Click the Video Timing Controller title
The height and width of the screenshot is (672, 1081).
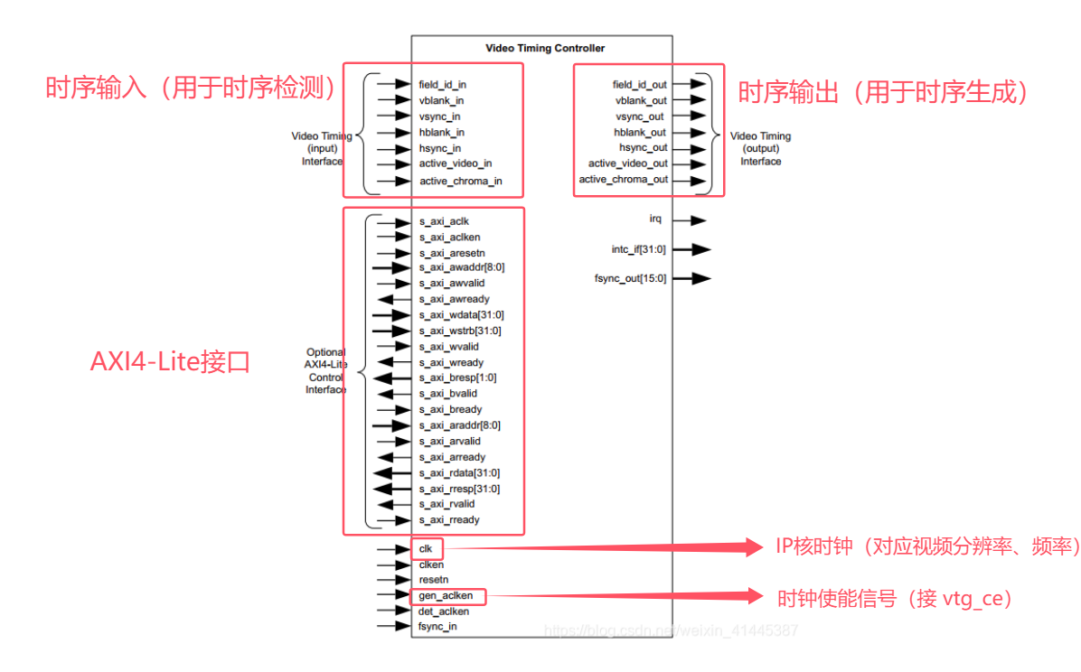(545, 48)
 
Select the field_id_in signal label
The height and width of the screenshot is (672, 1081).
(443, 84)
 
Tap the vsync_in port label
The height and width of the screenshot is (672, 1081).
(440, 117)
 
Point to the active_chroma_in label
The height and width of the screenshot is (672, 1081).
(461, 181)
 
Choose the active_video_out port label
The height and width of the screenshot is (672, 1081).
(628, 163)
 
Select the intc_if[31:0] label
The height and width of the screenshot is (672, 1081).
(639, 249)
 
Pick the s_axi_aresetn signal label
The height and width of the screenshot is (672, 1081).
(452, 253)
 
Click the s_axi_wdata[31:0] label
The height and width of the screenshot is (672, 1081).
(462, 314)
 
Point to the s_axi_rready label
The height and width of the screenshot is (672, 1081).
(449, 519)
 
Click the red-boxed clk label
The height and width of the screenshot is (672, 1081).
(426, 548)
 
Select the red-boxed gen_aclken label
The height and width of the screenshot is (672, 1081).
(446, 596)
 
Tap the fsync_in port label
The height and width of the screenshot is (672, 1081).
(437, 626)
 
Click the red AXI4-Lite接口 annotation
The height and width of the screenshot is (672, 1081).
(170, 362)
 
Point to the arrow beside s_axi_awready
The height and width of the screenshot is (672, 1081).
(392, 299)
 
